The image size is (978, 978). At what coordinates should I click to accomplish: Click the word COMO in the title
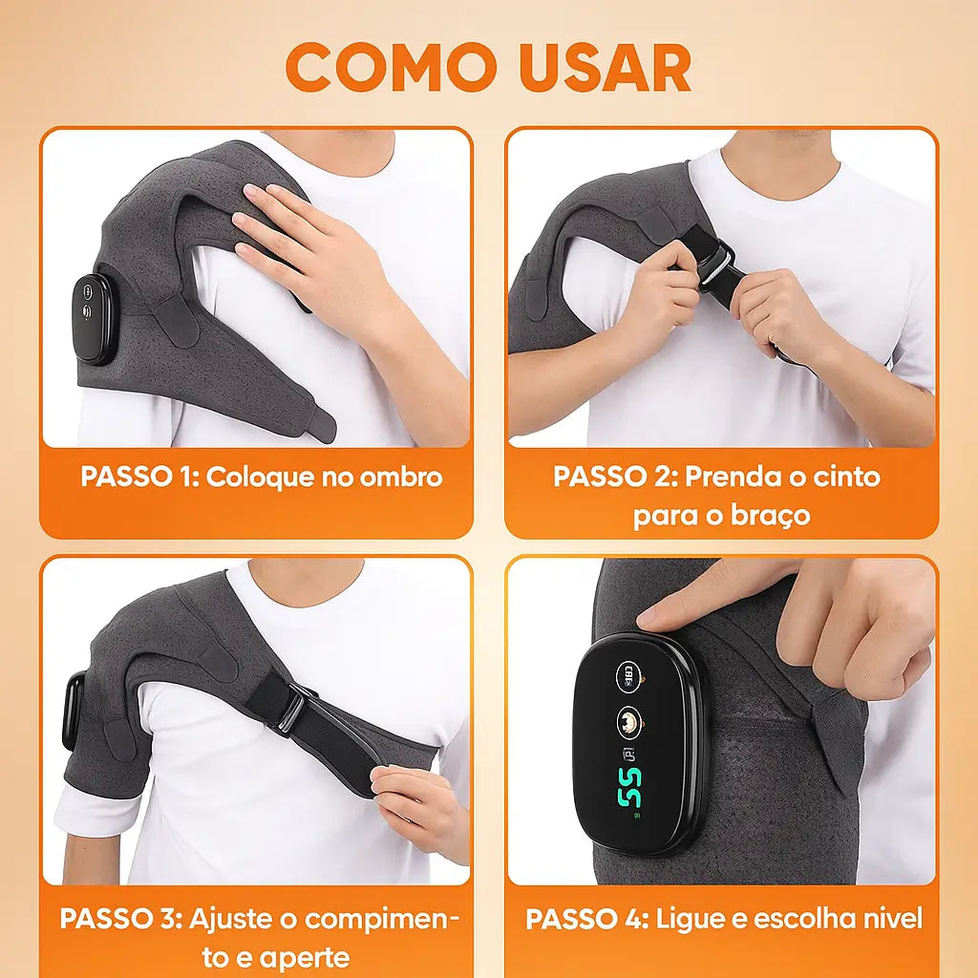(x=390, y=67)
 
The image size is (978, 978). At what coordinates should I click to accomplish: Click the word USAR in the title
(x=606, y=67)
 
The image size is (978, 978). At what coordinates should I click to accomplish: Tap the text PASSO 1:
(x=140, y=478)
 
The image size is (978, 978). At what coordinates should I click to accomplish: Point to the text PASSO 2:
(x=614, y=477)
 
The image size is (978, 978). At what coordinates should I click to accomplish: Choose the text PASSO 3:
(x=120, y=920)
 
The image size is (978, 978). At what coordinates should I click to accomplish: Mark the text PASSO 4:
(x=586, y=920)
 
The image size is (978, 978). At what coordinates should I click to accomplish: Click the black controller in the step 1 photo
(x=93, y=319)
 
